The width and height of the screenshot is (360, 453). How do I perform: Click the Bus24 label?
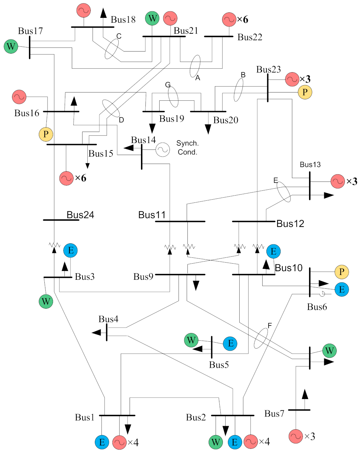(80, 215)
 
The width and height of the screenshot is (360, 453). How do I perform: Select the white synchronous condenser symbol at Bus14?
(163, 150)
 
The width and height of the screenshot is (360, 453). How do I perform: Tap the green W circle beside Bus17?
(11, 46)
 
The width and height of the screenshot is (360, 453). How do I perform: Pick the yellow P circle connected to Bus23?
(305, 92)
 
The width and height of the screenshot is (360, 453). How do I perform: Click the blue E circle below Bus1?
(102, 442)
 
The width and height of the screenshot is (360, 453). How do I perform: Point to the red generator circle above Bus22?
(229, 20)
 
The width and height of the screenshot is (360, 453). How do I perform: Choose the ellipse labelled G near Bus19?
(173, 97)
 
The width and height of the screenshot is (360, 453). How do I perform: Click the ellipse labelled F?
(261, 338)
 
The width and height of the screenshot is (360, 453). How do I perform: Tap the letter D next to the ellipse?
(121, 120)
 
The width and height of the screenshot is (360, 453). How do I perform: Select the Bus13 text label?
(310, 165)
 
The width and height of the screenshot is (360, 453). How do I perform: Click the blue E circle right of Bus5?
(230, 343)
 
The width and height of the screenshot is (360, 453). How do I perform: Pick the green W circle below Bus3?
(46, 301)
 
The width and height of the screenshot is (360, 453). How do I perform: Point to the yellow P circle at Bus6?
(342, 272)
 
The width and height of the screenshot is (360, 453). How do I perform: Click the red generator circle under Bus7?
(296, 436)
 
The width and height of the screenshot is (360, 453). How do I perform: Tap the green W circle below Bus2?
(216, 442)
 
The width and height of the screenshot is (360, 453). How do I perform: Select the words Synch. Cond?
(187, 147)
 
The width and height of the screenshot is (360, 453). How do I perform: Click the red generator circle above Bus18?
(84, 11)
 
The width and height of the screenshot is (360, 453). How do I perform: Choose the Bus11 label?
(152, 215)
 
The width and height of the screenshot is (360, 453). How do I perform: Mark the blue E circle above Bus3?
(70, 250)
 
